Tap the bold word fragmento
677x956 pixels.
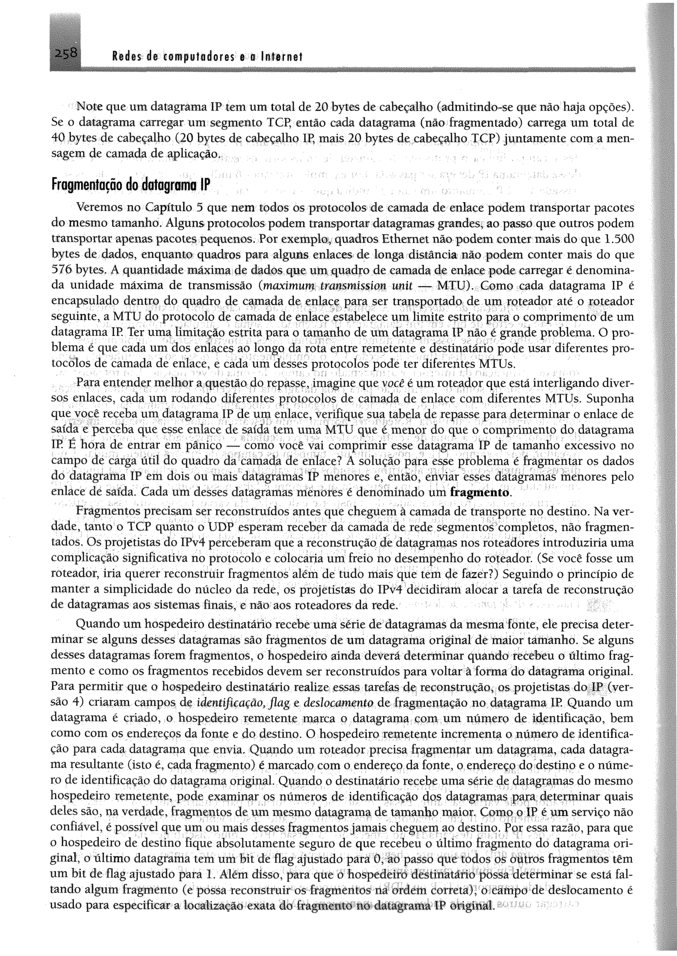coord(480,492)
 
